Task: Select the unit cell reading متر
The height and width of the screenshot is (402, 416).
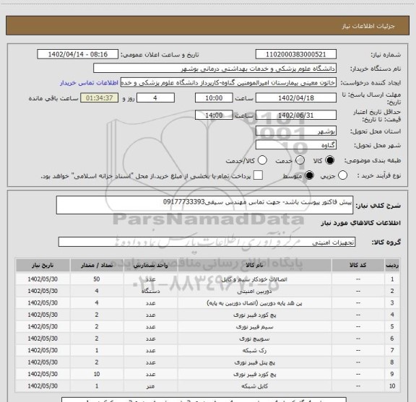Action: pos(151,387)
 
